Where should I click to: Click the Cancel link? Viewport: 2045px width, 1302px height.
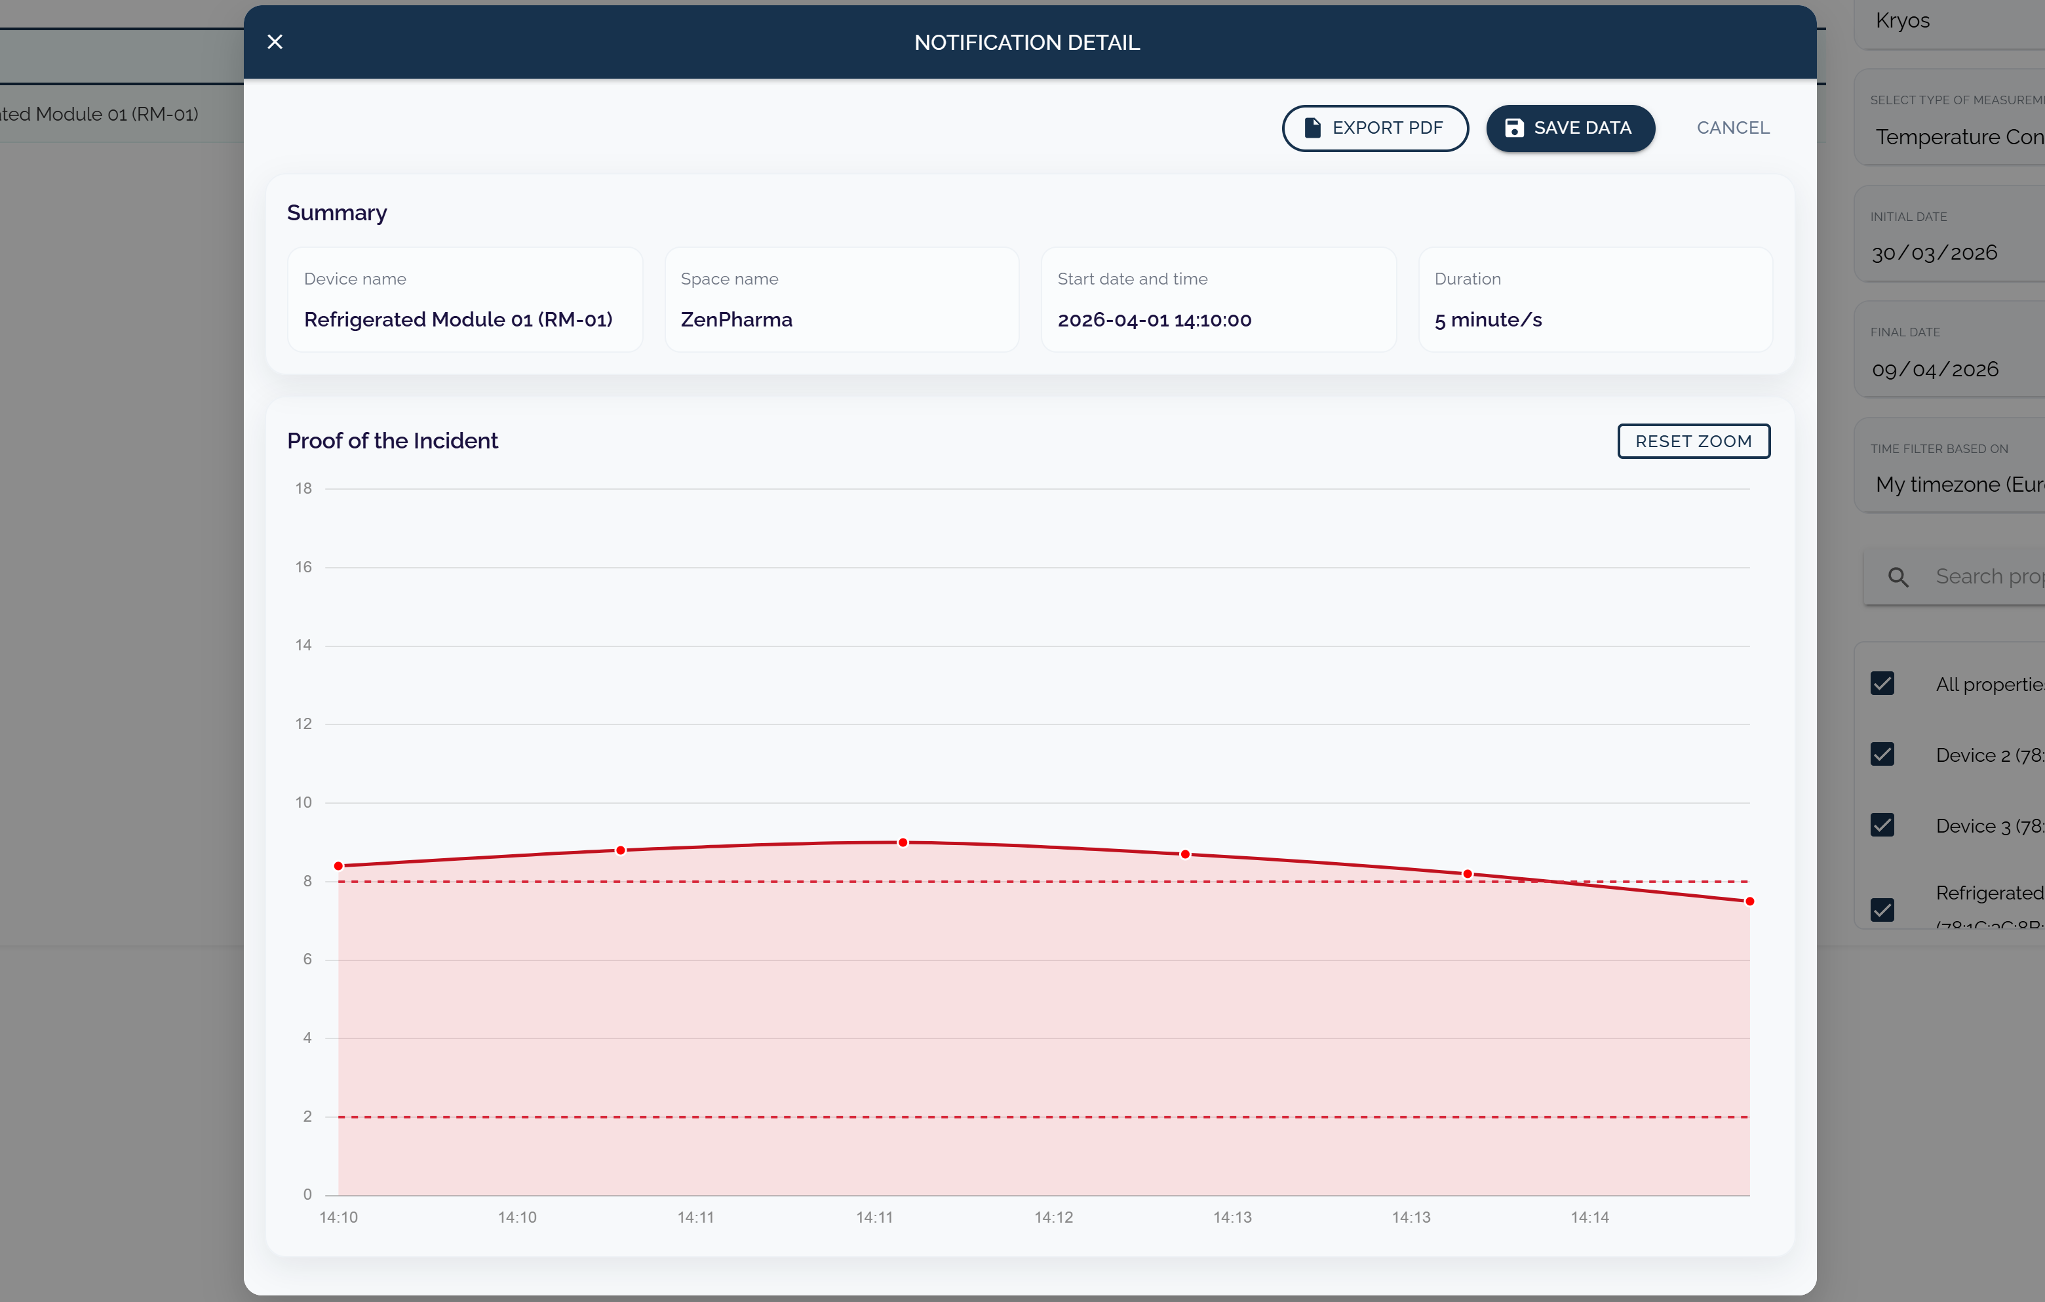(x=1732, y=128)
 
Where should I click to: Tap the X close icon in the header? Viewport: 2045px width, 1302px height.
(x=275, y=41)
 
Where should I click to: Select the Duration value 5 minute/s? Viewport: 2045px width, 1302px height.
(x=1488, y=320)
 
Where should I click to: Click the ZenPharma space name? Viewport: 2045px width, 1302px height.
(x=735, y=320)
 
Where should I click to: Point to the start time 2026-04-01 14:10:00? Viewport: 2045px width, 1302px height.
(x=1154, y=320)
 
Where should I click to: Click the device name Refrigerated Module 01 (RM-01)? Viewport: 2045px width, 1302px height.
(x=458, y=320)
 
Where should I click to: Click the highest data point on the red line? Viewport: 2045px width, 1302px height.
(x=903, y=842)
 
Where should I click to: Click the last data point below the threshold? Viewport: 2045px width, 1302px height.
(x=1749, y=901)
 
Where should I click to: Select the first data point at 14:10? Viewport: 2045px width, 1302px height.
(x=339, y=865)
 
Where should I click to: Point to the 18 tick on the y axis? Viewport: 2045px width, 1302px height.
(x=303, y=488)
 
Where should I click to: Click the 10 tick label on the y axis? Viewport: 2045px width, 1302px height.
(x=303, y=802)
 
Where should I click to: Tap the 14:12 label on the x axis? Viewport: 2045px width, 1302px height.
(x=1053, y=1217)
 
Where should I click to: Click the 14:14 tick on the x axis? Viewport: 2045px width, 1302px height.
(x=1589, y=1217)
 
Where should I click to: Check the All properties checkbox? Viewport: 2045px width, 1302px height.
(x=1882, y=684)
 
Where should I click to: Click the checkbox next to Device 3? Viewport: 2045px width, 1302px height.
(x=1882, y=825)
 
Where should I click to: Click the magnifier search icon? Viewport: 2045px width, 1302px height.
(x=1898, y=578)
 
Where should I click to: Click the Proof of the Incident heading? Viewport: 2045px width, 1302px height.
(x=393, y=441)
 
